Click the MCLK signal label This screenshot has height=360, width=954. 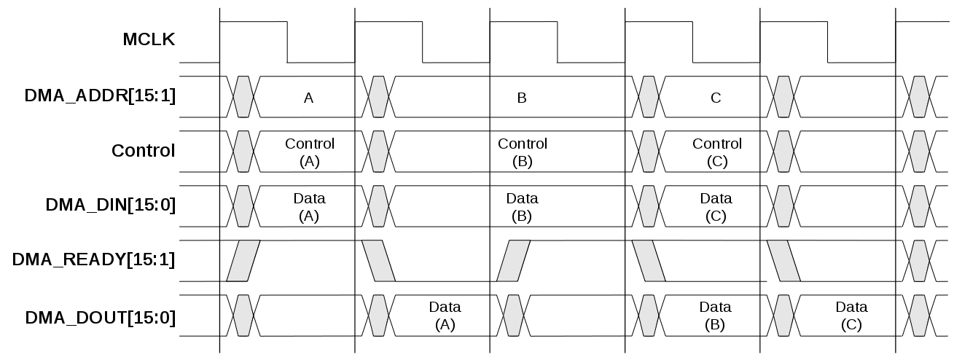[149, 40]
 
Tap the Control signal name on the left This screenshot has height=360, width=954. [143, 151]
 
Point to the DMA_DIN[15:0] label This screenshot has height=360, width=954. [110, 206]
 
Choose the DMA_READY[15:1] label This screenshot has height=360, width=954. [93, 260]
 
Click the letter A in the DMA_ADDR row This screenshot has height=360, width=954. [308, 98]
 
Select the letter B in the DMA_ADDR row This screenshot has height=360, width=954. [521, 98]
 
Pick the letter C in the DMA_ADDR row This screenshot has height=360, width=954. [716, 98]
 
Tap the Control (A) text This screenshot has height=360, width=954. [310, 152]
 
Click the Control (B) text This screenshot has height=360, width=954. [522, 152]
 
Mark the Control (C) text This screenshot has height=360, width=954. [717, 152]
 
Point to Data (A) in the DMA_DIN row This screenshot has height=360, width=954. [310, 207]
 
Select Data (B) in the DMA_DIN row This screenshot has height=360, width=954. [522, 207]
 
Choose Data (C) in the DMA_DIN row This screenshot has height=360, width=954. [716, 207]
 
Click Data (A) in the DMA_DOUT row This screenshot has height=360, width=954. [445, 316]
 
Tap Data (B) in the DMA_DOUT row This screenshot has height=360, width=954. [716, 316]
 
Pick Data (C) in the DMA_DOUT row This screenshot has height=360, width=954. [851, 316]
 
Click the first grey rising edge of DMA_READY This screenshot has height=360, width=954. [243, 260]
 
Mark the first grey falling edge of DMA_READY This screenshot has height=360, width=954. [378, 260]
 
